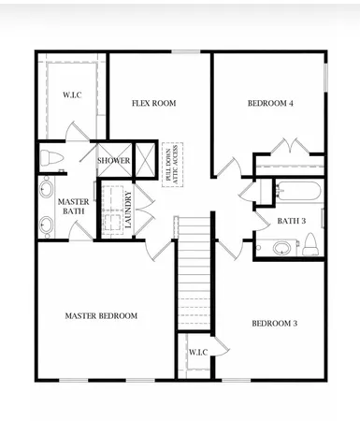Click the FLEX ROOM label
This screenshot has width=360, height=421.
(x=154, y=103)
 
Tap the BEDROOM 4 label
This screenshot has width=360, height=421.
(x=270, y=103)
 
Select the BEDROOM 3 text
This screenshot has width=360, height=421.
(x=274, y=324)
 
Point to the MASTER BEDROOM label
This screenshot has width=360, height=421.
(x=101, y=316)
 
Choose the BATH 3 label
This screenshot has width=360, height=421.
(x=292, y=221)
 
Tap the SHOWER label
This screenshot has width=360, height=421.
(x=114, y=161)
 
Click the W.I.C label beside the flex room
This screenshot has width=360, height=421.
(x=72, y=94)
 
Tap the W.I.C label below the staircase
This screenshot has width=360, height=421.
(x=197, y=353)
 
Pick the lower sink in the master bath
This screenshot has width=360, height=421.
(x=47, y=224)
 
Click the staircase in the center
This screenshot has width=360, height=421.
(x=194, y=271)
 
